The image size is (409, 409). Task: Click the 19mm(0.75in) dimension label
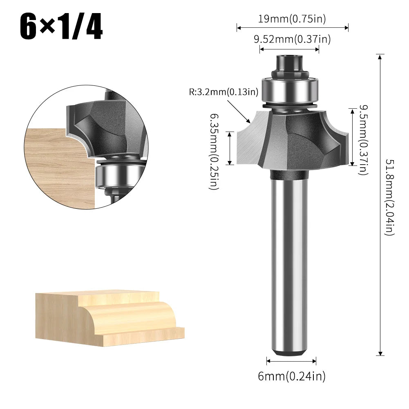point(292,18)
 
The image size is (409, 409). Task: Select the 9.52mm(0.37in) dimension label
point(292,39)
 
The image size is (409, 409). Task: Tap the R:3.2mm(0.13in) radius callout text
point(223,92)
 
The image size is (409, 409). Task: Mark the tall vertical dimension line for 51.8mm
point(380,204)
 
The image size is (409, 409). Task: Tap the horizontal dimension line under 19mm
point(292,28)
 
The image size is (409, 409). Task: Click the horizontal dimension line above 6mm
point(291,360)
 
